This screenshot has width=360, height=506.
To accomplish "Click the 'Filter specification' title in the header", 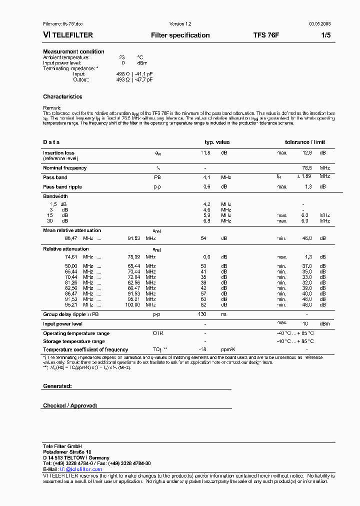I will click(x=180, y=35).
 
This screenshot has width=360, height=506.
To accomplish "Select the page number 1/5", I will click(x=325, y=35).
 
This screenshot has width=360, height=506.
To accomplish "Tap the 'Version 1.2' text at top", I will click(x=180, y=24).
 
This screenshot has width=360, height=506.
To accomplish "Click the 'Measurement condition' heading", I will click(x=73, y=51).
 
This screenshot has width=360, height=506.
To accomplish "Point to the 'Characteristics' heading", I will click(x=62, y=96).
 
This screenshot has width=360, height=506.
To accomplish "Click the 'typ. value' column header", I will click(x=217, y=142).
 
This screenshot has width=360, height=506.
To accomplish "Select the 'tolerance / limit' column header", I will click(x=305, y=142).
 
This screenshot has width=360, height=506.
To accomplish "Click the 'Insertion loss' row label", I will click(x=58, y=153).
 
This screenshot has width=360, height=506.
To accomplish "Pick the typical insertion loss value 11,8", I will click(x=205, y=153).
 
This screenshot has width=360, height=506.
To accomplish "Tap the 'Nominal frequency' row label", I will click(x=64, y=168).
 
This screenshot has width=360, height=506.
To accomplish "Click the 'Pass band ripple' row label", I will click(x=62, y=186).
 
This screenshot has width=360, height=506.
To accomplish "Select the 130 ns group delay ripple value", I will click(x=202, y=314).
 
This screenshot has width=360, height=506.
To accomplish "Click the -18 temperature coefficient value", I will click(x=203, y=349).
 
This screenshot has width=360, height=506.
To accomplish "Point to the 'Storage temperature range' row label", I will click(x=73, y=341).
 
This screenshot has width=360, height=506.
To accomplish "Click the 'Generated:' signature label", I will click(x=57, y=386).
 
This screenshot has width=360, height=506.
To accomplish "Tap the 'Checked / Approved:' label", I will click(x=70, y=406).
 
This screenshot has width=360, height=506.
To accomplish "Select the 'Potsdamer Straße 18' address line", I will click(x=67, y=452).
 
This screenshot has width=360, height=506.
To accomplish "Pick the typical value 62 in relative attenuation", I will click(x=203, y=304).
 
